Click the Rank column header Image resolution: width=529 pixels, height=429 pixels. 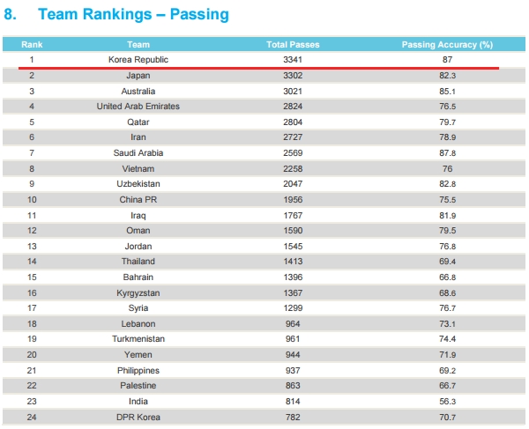coord(32,44)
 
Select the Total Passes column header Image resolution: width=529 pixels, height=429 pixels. coord(293,44)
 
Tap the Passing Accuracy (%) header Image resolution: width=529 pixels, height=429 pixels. coord(447,44)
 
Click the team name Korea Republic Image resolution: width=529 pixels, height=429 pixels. coord(138,60)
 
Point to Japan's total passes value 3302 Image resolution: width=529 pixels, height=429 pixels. coord(293,76)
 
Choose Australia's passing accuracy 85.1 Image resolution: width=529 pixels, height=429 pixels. coord(447,92)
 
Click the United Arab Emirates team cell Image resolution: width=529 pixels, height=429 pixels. coord(138,107)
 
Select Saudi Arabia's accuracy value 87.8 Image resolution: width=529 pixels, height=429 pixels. coord(447,153)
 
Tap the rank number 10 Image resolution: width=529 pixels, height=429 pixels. coord(32,199)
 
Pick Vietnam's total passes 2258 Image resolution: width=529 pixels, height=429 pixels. coord(293,168)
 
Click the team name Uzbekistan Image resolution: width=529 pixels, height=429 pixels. coord(138,183)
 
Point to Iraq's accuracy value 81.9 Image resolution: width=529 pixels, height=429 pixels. coord(447,215)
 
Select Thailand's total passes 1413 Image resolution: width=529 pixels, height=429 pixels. coord(293,261)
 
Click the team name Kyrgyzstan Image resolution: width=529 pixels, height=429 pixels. coord(138,292)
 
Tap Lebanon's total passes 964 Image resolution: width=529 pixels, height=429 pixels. coord(293,324)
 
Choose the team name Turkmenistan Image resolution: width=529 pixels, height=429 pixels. coord(138,338)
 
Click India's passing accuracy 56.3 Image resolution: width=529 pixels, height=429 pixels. coord(447,402)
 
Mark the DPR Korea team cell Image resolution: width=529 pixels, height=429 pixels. coord(138,418)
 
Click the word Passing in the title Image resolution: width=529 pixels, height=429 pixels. coord(199,15)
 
